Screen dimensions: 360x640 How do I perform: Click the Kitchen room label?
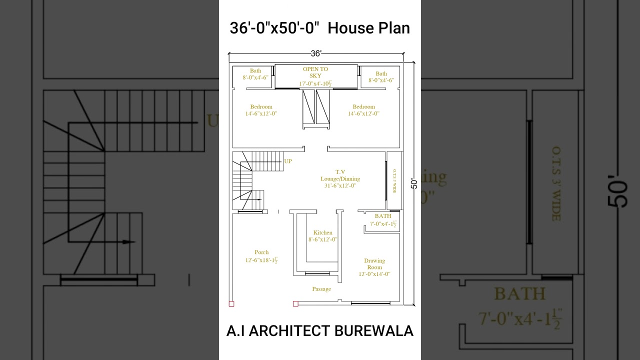pos(323,232)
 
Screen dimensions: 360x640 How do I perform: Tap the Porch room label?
pos(261,252)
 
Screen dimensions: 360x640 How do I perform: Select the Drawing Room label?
pos(374,263)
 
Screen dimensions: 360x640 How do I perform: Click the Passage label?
pos(321,289)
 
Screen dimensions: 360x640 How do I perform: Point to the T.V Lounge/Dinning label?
pos(340,175)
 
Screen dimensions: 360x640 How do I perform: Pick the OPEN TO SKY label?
pos(315,72)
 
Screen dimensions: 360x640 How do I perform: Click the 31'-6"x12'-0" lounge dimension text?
pos(340,186)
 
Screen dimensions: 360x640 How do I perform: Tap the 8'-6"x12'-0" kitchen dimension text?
pos(323,239)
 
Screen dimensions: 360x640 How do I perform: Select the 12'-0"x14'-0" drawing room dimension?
pos(374,274)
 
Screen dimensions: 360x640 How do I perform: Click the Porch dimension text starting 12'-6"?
pos(261,260)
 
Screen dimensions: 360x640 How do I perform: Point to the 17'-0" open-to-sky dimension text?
pos(315,83)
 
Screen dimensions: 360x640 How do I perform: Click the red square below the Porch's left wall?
pos(231,303)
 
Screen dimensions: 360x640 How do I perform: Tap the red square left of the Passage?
pos(295,303)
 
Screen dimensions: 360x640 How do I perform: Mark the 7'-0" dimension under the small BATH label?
pos(383,223)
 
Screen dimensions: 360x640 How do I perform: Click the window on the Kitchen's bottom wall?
pos(317,273)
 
